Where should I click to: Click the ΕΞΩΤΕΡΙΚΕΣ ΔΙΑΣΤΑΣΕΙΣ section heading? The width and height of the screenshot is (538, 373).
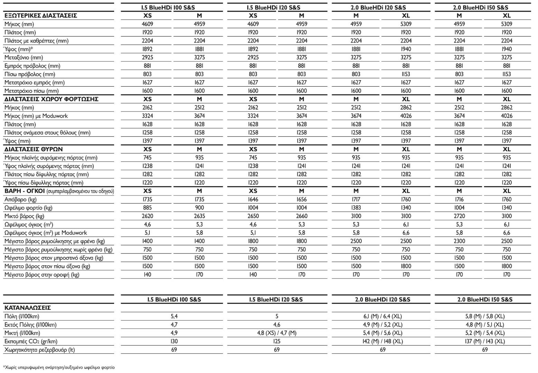tap(40, 16)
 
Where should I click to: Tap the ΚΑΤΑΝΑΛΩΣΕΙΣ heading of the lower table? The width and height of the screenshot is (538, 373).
tap(28, 308)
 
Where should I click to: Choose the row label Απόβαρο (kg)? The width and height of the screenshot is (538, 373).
tap(20, 199)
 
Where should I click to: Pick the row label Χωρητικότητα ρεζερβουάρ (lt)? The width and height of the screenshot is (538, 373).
tap(39, 350)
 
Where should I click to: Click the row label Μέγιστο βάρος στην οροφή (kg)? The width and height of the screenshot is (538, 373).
tap(42, 275)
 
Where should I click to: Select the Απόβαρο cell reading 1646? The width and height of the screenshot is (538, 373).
tap(253, 199)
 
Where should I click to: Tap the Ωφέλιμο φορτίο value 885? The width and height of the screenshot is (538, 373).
tap(147, 208)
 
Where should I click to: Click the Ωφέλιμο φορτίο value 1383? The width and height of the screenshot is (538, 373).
tap(356, 208)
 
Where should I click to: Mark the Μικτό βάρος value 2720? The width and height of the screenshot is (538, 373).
tap(459, 216)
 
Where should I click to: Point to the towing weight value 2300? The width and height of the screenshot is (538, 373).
tap(459, 241)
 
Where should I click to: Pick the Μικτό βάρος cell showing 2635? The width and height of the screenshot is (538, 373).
tap(200, 216)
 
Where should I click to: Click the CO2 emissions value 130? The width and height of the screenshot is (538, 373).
tap(174, 341)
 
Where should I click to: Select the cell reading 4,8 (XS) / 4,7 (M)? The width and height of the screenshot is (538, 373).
tap(277, 333)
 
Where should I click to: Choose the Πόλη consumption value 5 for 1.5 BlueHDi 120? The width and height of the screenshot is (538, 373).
tap(277, 316)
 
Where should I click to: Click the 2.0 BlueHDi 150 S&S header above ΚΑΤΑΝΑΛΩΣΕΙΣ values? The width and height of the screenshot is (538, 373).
tap(485, 299)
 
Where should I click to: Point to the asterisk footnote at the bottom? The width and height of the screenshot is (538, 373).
tap(59, 367)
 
